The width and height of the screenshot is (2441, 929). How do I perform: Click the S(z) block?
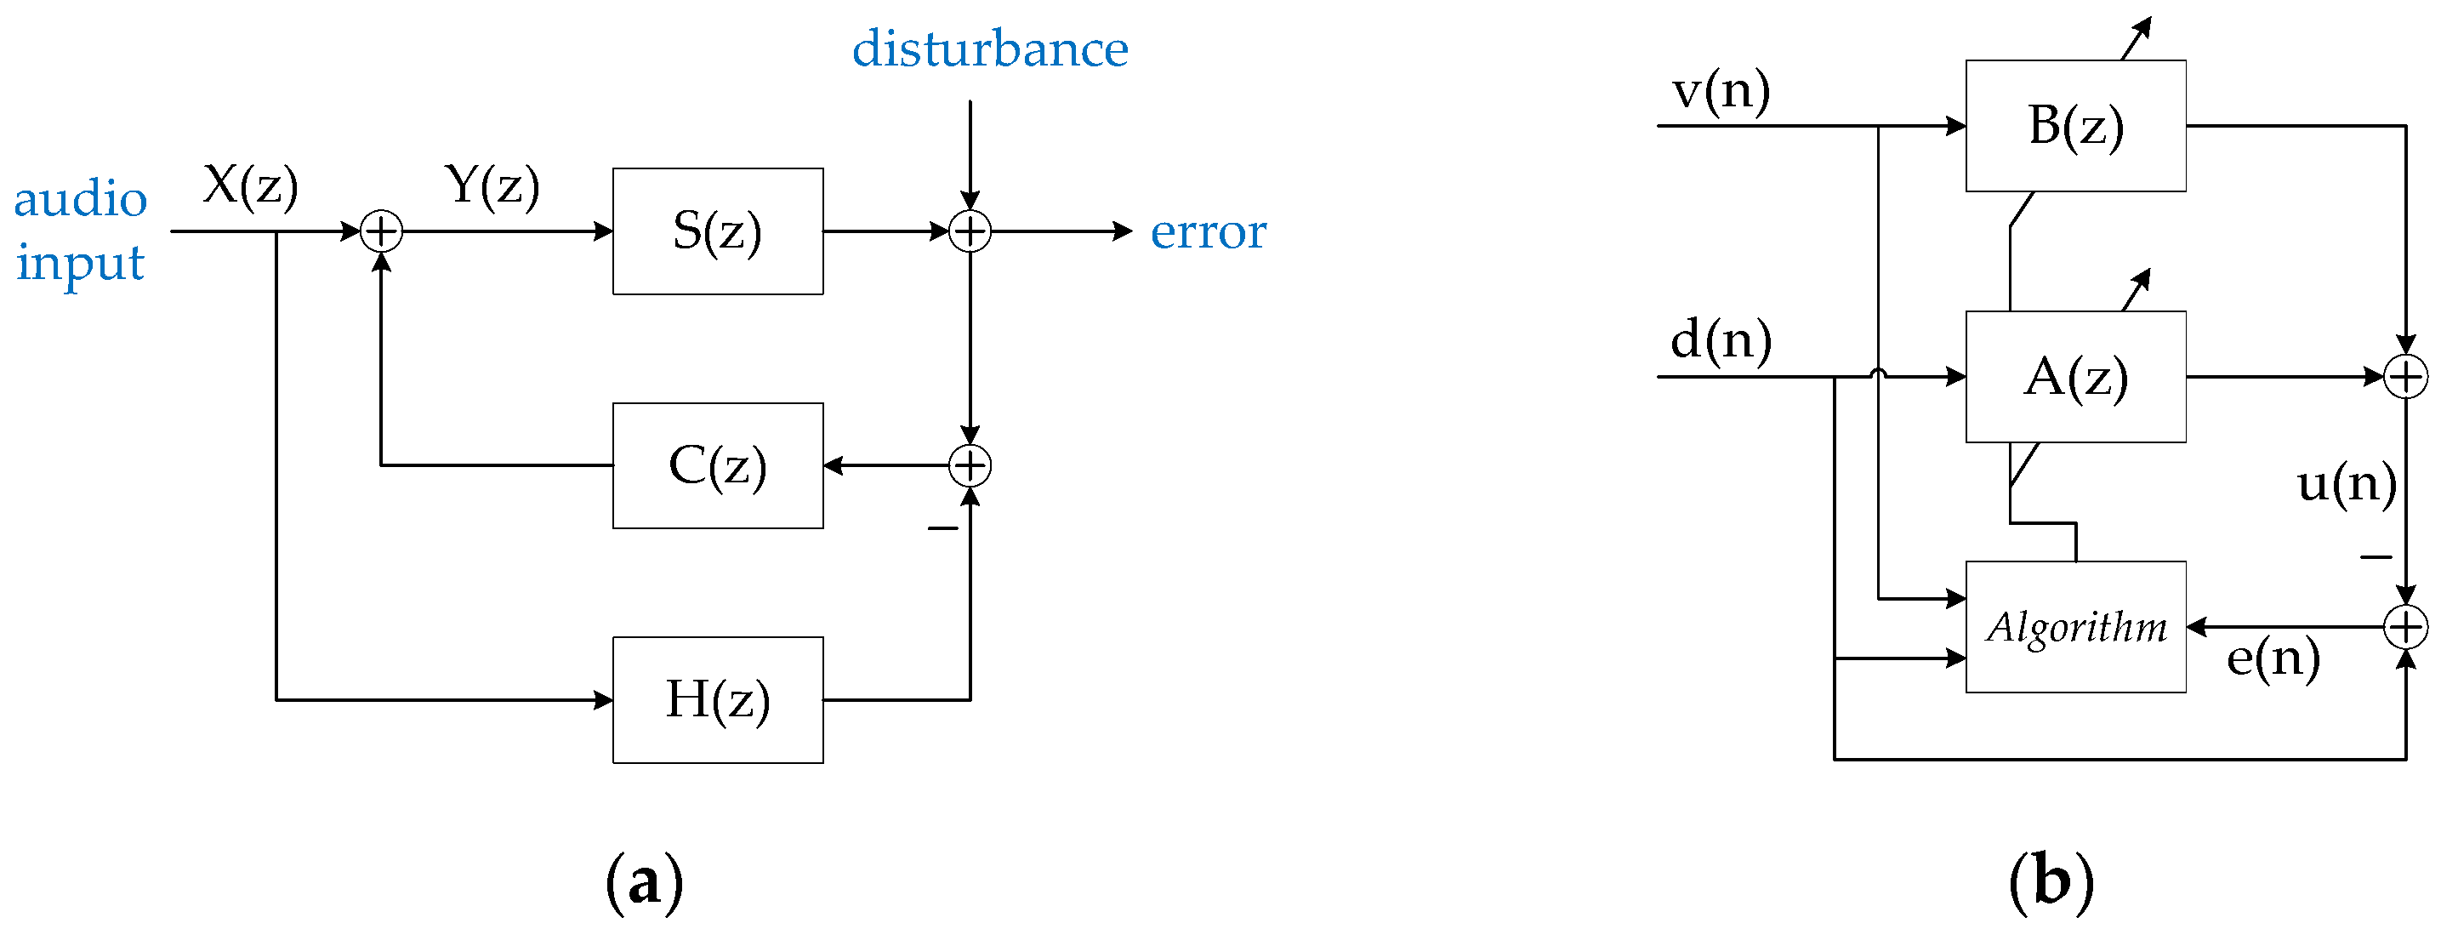coord(717,231)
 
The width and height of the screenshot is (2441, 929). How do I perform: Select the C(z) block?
coord(717,465)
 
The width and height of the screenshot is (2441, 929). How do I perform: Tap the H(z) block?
coord(717,699)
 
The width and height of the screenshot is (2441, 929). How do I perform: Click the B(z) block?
coord(2075,126)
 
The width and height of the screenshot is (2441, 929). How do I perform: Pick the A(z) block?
coord(2075,376)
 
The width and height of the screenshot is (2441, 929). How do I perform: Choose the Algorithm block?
coord(2075,627)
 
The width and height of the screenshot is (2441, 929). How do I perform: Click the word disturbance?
coord(989,49)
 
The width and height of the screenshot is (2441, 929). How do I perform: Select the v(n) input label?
coord(1721,91)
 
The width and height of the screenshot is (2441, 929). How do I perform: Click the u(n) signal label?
coord(2347,484)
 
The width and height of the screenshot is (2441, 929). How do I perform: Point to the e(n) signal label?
coord(2273,658)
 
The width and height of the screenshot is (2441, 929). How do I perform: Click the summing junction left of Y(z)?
coord(382,231)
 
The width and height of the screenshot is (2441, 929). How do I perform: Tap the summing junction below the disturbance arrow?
coord(970,231)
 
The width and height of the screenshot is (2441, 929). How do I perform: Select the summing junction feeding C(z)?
coord(970,465)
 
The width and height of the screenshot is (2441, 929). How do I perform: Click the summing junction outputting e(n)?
coord(2405,627)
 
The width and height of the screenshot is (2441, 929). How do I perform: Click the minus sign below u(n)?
coord(2376,557)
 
